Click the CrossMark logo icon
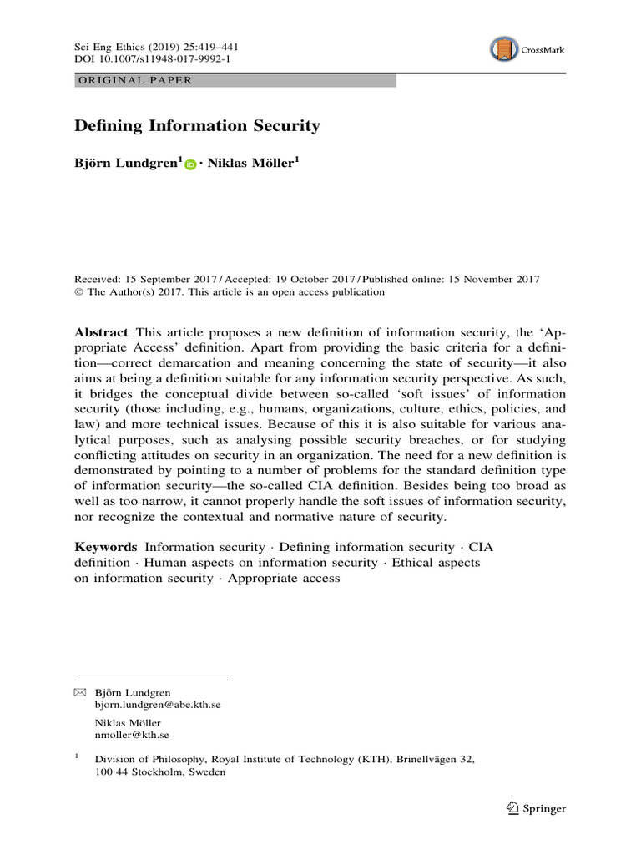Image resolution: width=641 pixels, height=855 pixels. click(x=503, y=49)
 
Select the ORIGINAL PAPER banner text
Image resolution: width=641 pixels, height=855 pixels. click(x=134, y=81)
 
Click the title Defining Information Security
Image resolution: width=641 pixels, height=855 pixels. click(x=197, y=126)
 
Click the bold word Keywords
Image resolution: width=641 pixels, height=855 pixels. click(x=106, y=546)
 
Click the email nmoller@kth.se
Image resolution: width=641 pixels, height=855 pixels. click(x=133, y=735)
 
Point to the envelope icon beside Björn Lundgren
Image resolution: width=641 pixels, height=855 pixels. click(x=80, y=692)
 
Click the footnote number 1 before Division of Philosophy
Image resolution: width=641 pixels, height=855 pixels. click(x=77, y=757)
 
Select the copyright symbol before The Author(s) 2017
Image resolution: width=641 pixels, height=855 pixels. click(x=79, y=292)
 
